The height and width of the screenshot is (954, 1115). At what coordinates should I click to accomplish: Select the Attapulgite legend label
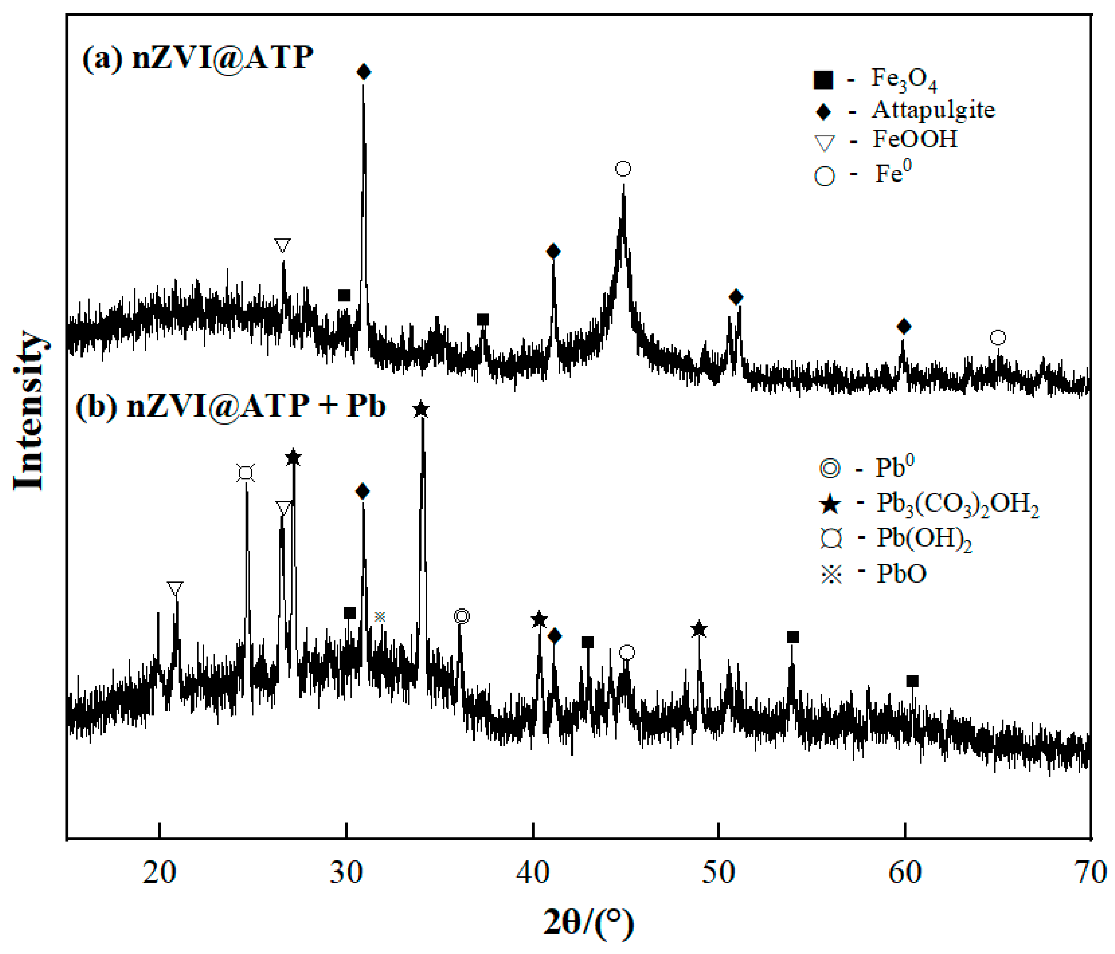tap(933, 110)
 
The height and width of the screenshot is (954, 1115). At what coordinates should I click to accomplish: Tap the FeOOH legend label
tap(915, 139)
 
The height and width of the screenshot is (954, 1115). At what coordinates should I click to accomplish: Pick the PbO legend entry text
tap(901, 574)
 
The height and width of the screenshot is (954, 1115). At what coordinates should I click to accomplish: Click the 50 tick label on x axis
tap(718, 873)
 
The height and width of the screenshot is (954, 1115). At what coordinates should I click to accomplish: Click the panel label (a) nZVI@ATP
tap(198, 57)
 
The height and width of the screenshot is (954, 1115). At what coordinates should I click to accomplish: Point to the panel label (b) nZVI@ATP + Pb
tap(230, 405)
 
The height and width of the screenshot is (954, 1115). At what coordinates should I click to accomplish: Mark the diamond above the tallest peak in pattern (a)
tap(364, 72)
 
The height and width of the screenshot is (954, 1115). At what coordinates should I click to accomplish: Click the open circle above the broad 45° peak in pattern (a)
tap(623, 169)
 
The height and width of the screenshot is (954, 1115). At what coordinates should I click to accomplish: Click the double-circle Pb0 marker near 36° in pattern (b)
tap(462, 616)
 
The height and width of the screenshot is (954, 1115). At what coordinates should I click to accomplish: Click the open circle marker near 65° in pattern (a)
tap(998, 338)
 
